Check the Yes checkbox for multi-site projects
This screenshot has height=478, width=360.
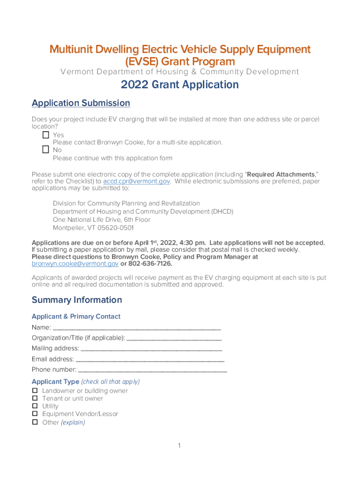tap(45, 135)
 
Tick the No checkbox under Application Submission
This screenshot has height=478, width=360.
tap(45, 150)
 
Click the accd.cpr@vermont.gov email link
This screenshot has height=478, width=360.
tap(137, 181)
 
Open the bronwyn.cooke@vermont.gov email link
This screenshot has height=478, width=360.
tap(75, 264)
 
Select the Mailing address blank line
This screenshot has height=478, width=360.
tap(151, 349)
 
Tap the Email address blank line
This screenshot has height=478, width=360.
tap(150, 359)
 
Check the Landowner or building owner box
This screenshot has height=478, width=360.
tap(35, 390)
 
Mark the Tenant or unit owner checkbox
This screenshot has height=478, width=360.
tap(35, 398)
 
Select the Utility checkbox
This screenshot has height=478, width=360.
tap(35, 406)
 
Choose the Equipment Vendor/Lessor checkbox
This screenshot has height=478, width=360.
tap(35, 414)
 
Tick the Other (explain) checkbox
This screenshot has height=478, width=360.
tap(35, 422)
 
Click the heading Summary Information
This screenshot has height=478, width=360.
tap(77, 300)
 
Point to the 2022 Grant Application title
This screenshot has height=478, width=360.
tap(180, 84)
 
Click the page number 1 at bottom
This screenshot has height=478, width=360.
tap(179, 446)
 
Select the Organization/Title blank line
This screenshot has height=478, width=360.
tap(174, 338)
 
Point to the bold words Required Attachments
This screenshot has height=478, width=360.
tap(281, 174)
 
